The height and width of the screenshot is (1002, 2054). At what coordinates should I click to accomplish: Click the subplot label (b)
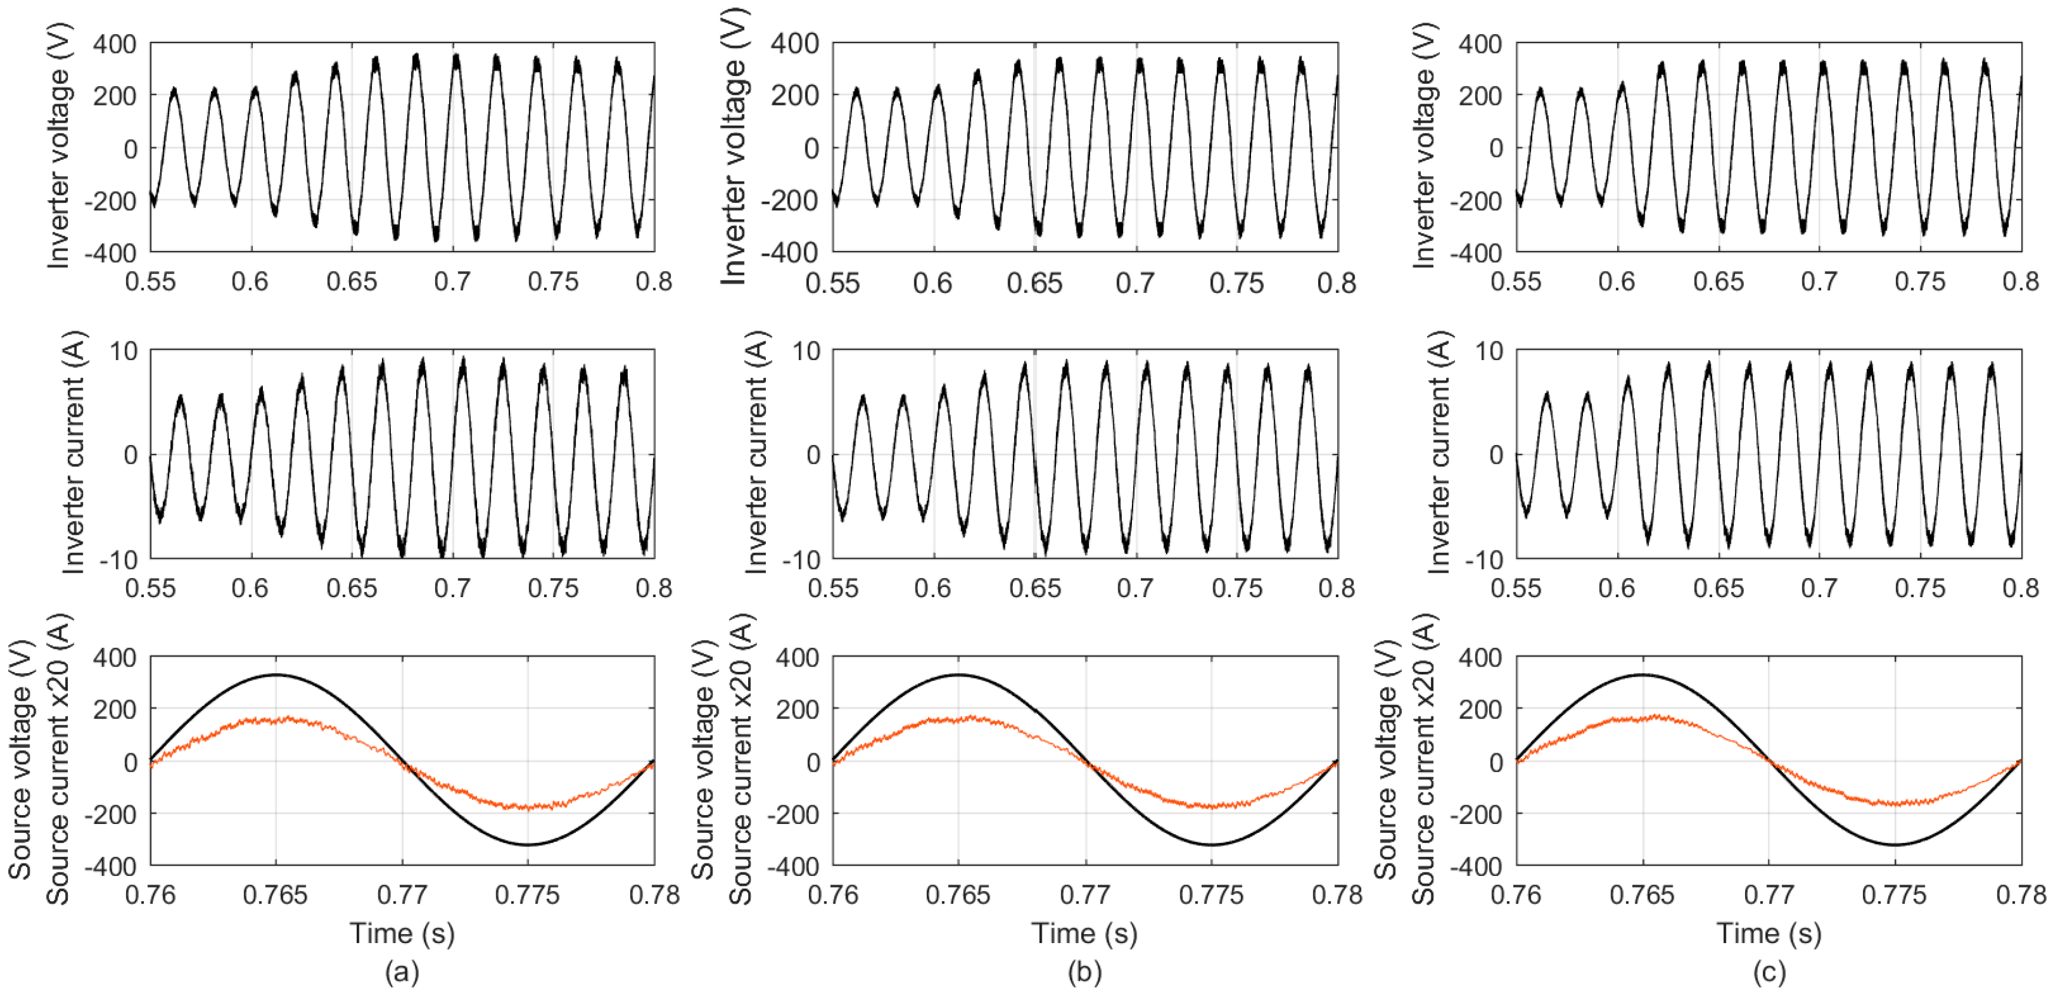[1084, 972]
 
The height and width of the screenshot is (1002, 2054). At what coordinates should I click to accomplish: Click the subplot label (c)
[1769, 972]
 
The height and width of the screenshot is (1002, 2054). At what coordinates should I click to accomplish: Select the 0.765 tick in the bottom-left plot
[275, 895]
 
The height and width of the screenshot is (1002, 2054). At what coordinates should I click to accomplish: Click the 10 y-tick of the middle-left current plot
[124, 351]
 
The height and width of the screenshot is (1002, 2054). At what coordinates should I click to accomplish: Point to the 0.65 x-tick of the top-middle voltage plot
[1034, 283]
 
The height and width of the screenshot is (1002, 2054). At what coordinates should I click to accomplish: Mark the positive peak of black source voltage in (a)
[276, 675]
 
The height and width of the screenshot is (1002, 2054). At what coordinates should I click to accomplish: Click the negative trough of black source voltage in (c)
[1895, 844]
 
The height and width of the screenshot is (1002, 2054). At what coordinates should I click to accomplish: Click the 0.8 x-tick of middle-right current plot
[2020, 588]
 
